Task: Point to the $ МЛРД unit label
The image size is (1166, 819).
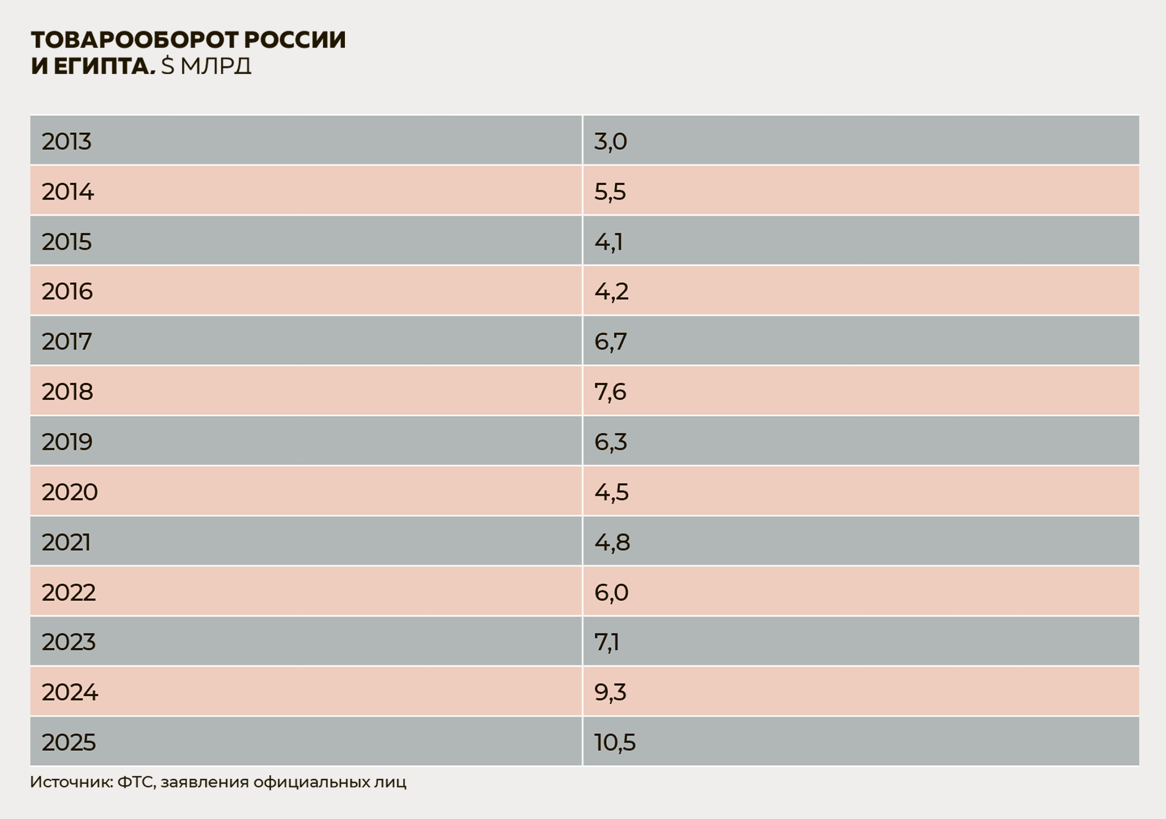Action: tap(206, 66)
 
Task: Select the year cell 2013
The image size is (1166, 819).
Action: tap(66, 141)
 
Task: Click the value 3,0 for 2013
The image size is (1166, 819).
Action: tap(610, 141)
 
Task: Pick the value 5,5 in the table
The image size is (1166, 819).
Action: tap(610, 192)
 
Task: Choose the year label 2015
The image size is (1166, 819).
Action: tap(66, 242)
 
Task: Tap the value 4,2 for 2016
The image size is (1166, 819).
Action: tap(611, 291)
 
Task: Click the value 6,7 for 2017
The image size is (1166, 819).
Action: tap(610, 342)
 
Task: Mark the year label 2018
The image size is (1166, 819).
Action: tap(67, 392)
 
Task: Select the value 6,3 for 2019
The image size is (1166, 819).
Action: tap(610, 442)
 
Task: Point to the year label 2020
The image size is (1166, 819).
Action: tap(69, 492)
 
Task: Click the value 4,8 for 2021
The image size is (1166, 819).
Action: tap(612, 542)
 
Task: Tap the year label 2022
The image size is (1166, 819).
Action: tap(69, 592)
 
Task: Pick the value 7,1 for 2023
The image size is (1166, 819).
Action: tap(607, 642)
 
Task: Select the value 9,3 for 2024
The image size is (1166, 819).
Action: tap(610, 692)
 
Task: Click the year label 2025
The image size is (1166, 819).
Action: tap(69, 742)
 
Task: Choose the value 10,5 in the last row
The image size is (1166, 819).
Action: tap(615, 742)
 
